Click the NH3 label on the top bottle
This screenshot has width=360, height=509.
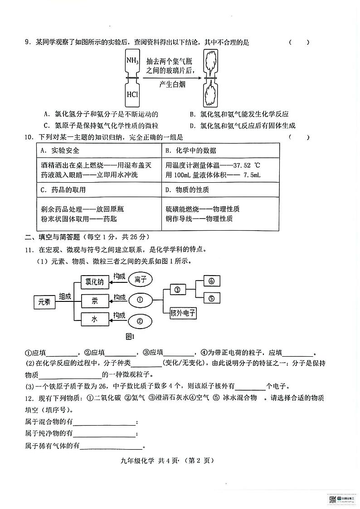pos(132,60)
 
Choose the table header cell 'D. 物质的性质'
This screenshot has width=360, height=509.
pos(187,190)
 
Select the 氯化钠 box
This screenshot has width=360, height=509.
pos(95,282)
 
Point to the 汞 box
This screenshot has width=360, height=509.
pos(95,301)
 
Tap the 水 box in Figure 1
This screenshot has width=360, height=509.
pos(95,320)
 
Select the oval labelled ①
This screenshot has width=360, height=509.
pos(140,300)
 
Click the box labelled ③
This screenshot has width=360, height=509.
pos(178,290)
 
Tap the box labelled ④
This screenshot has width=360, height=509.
pos(211,281)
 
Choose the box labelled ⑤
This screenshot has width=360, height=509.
pos(211,298)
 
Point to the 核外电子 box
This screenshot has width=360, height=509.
pos(183,312)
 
